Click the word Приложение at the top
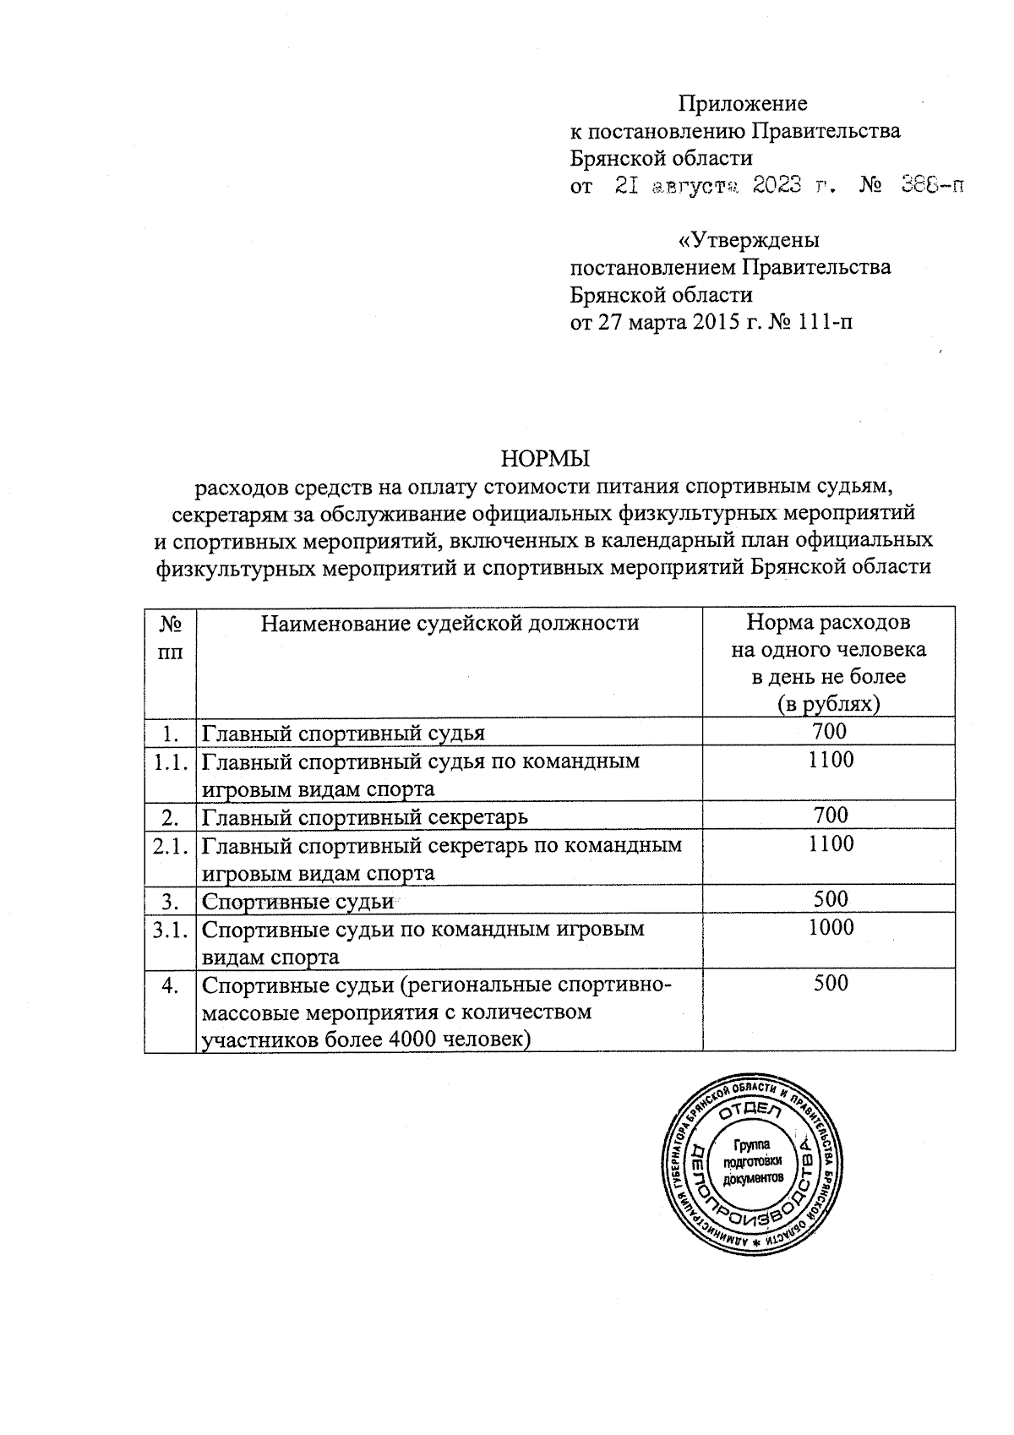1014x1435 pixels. click(744, 104)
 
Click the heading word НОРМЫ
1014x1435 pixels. click(545, 459)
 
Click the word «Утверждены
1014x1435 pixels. click(749, 240)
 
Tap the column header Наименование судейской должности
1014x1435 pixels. click(449, 624)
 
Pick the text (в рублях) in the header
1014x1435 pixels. click(828, 704)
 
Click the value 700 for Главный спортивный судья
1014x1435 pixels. click(828, 731)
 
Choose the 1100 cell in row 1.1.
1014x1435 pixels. click(830, 760)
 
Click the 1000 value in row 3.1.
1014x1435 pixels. click(830, 928)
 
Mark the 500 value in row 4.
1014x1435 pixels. click(830, 983)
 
